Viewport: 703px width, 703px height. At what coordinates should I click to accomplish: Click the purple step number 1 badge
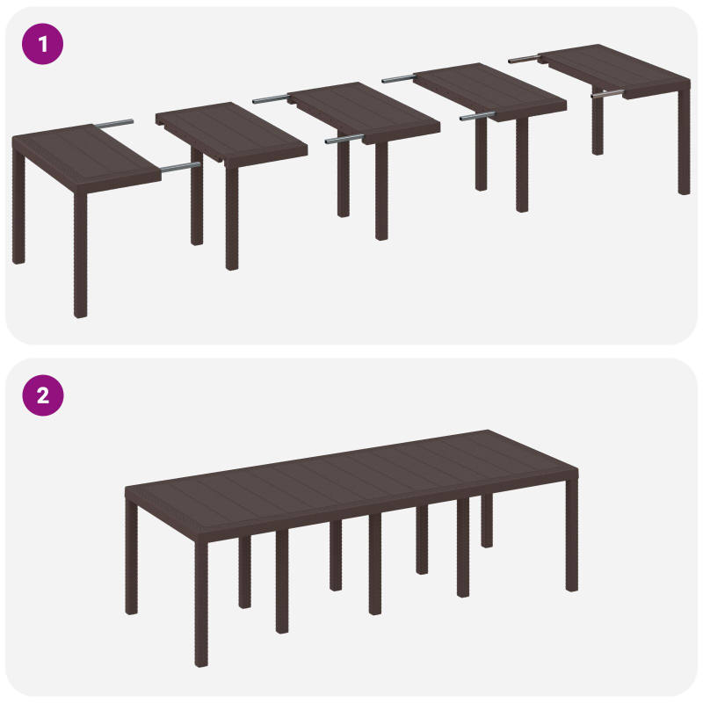42,44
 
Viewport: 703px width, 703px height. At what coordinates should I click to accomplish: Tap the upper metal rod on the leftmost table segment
115,123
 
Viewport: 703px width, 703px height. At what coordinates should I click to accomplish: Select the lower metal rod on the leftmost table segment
178,165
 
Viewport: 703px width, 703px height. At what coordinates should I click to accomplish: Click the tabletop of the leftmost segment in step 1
83,154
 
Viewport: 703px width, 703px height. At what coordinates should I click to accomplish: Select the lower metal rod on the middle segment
343,139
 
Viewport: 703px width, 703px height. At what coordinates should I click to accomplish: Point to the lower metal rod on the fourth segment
475,114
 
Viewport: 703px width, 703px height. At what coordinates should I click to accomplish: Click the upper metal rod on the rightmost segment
524,59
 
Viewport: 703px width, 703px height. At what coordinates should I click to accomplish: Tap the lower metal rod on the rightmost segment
606,93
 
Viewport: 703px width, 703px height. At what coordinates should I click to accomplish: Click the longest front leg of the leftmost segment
80,255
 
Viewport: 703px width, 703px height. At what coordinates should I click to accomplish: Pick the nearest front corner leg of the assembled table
201,606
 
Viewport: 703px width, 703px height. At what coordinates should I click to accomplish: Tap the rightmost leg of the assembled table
571,536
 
